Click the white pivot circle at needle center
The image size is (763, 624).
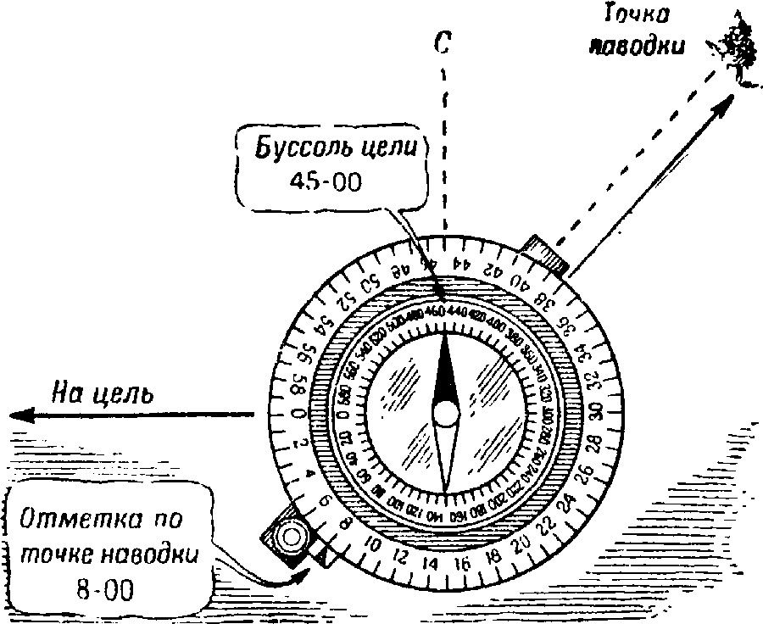pos(445,413)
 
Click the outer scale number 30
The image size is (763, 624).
pos(597,410)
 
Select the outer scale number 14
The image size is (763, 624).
pos(431,564)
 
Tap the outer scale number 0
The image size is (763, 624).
pos(293,413)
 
